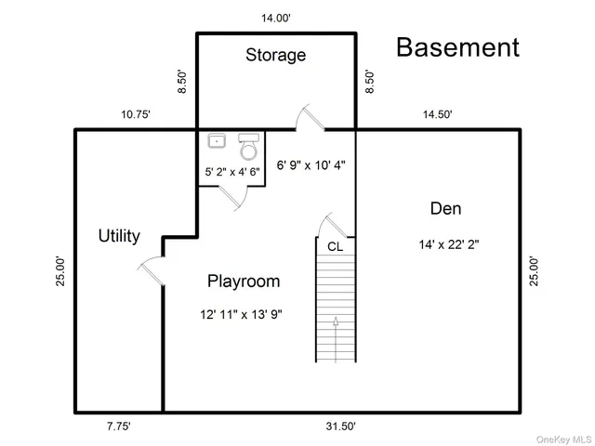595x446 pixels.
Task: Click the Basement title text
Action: coord(458,47)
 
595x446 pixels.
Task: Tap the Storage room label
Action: coord(275,55)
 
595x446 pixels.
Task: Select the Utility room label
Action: coord(119,236)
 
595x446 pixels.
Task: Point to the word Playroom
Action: coord(243,281)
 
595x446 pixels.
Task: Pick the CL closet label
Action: coord(334,246)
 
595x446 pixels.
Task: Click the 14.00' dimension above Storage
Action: coord(275,18)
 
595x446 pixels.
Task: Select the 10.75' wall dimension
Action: coord(136,114)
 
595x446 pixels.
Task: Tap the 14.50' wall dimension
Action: coord(437,114)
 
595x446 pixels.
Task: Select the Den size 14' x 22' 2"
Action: coord(449,245)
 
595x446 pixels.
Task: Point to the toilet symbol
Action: coord(247,146)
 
